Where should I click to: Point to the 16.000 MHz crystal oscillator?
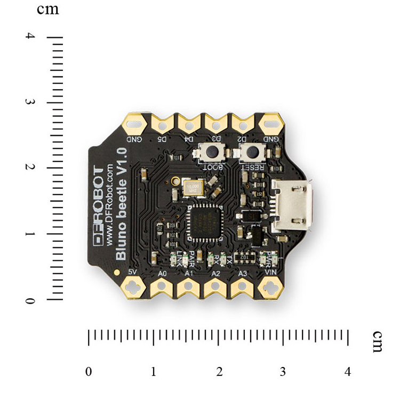193,187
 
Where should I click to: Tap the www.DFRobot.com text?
110,205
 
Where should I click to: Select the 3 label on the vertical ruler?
31,102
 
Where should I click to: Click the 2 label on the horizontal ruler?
219,372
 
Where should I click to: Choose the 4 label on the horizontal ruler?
348,372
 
